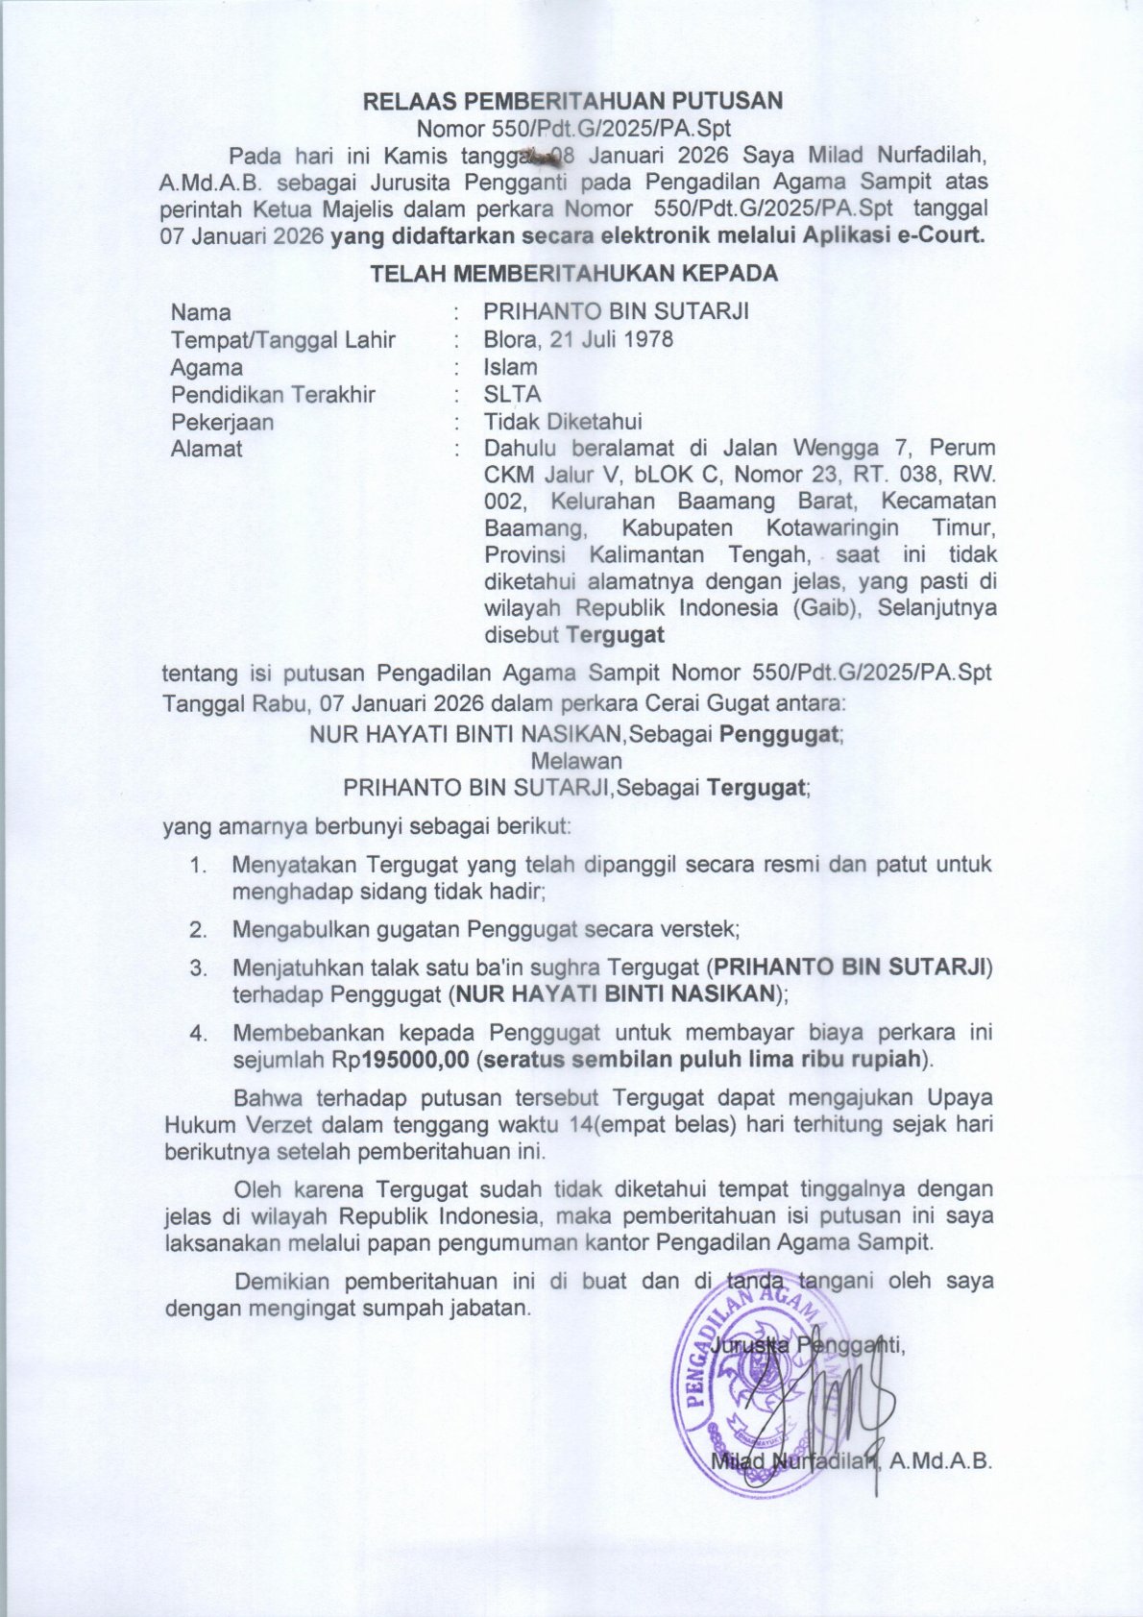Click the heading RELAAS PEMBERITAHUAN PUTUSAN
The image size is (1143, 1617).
572,101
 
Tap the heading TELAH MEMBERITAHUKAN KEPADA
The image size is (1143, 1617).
574,274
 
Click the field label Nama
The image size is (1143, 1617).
201,312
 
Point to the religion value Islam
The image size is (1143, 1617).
510,367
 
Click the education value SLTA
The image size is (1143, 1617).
512,394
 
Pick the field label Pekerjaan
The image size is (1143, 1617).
222,422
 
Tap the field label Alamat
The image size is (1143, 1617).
207,449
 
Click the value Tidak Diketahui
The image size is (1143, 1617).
563,422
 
